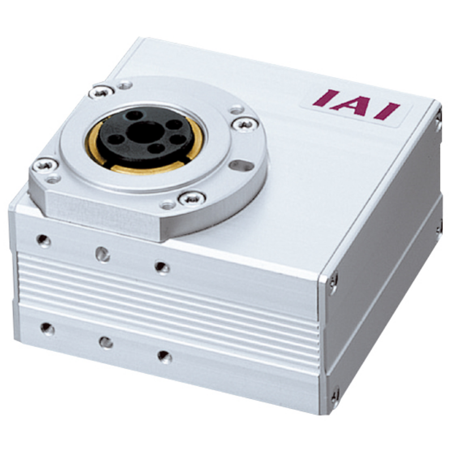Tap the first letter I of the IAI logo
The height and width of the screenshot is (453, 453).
(326, 98)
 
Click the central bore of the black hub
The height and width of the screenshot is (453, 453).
(144, 131)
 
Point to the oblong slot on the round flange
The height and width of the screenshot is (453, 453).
(242, 166)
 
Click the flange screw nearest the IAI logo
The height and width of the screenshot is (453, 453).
(245, 125)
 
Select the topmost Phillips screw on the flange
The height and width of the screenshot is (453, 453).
(101, 92)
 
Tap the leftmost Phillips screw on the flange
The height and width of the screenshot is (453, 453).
(45, 165)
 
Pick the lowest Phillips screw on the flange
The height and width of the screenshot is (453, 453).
(192, 199)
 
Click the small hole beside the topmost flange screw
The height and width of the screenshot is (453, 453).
(125, 86)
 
